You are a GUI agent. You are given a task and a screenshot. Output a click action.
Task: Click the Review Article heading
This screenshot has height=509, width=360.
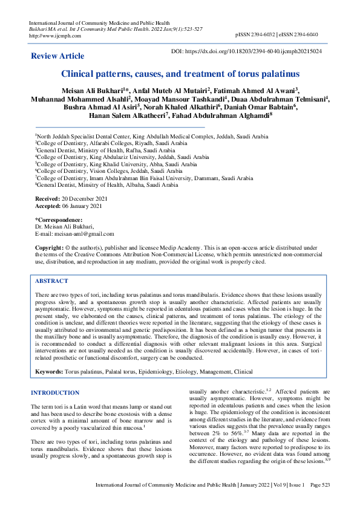pos(57,56)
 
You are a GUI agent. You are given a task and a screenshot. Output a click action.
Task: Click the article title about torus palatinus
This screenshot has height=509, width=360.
pos(180,74)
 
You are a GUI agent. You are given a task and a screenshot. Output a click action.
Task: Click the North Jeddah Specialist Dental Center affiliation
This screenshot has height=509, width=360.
pos(151,137)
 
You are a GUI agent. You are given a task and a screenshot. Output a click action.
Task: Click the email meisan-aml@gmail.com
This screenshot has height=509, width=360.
pos(83,233)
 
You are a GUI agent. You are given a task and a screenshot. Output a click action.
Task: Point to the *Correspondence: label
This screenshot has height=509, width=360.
pos(59,219)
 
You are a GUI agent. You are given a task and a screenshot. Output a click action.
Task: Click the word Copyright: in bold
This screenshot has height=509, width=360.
pos(49,248)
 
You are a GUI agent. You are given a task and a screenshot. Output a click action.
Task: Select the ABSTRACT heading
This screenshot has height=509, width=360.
pos(51,281)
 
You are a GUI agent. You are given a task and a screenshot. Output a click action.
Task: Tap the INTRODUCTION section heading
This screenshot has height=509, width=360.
pos(55,393)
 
